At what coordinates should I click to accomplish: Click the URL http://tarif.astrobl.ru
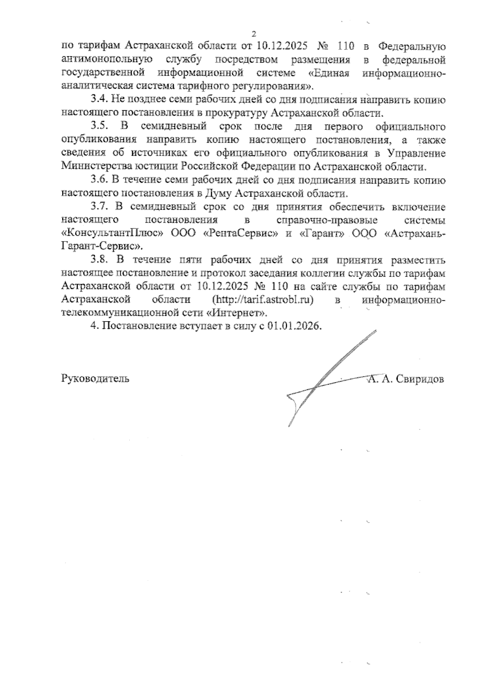[263, 300]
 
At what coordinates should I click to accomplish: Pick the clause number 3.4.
[98, 100]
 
